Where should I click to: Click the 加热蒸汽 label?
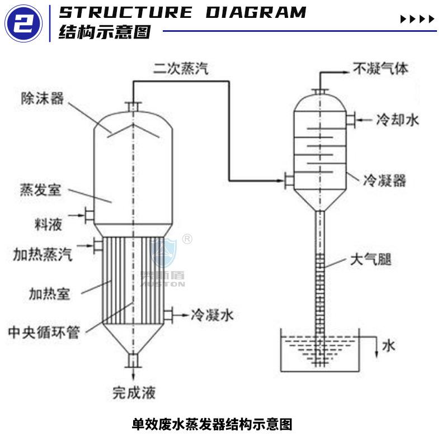click(x=43, y=255)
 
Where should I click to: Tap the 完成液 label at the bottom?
click(x=134, y=392)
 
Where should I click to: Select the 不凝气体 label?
click(x=380, y=69)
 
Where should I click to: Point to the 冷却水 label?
click(x=397, y=120)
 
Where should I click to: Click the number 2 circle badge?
click(x=23, y=23)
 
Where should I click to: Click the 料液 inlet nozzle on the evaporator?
click(x=88, y=213)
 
